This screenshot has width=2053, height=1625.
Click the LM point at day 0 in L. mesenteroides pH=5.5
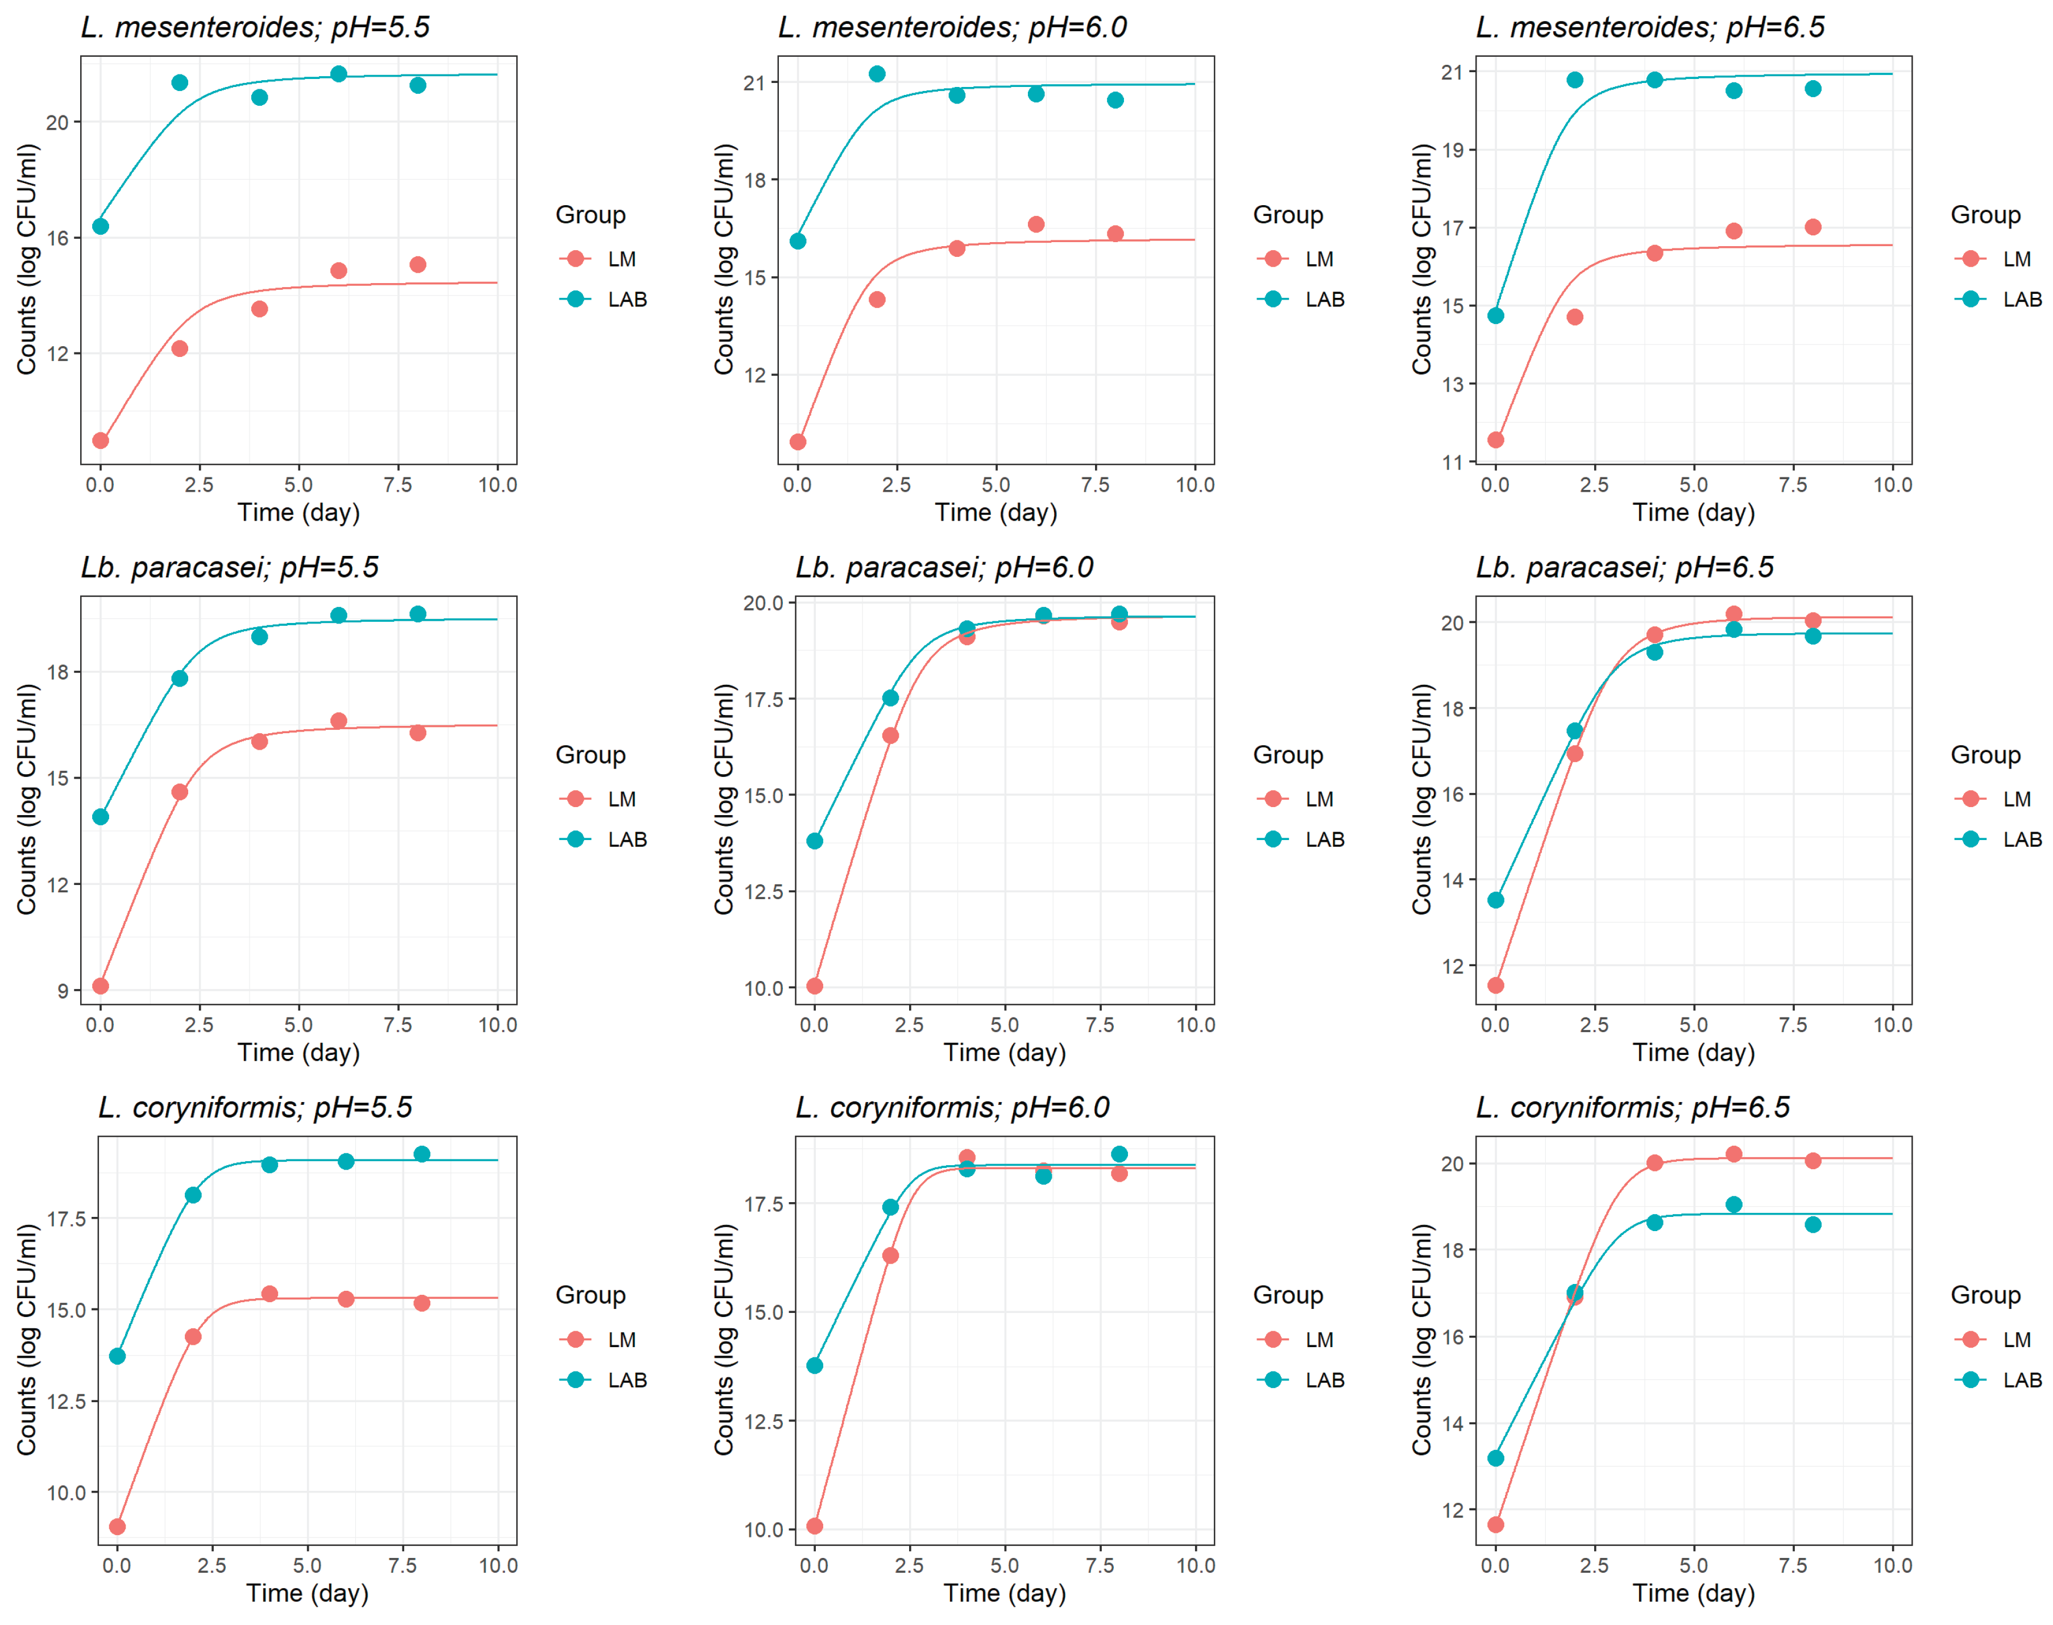[x=100, y=440]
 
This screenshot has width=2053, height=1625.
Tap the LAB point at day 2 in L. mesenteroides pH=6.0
[x=877, y=74]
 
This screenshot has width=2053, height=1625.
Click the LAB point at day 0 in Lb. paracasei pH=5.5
[x=100, y=816]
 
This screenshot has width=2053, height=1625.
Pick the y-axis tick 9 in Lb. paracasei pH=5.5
[x=63, y=991]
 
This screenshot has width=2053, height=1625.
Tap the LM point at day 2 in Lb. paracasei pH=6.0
[x=890, y=735]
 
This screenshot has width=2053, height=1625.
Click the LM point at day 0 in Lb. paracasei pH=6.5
[x=1495, y=984]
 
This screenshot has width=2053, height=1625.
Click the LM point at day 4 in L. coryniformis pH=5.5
[x=269, y=1294]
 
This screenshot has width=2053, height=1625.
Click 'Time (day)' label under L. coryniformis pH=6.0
[x=1004, y=1593]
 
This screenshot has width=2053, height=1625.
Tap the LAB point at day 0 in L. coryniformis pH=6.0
[x=814, y=1365]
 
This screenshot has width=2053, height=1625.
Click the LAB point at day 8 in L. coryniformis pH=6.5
[x=1812, y=1224]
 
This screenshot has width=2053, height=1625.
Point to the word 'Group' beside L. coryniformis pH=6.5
[x=1984, y=1295]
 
